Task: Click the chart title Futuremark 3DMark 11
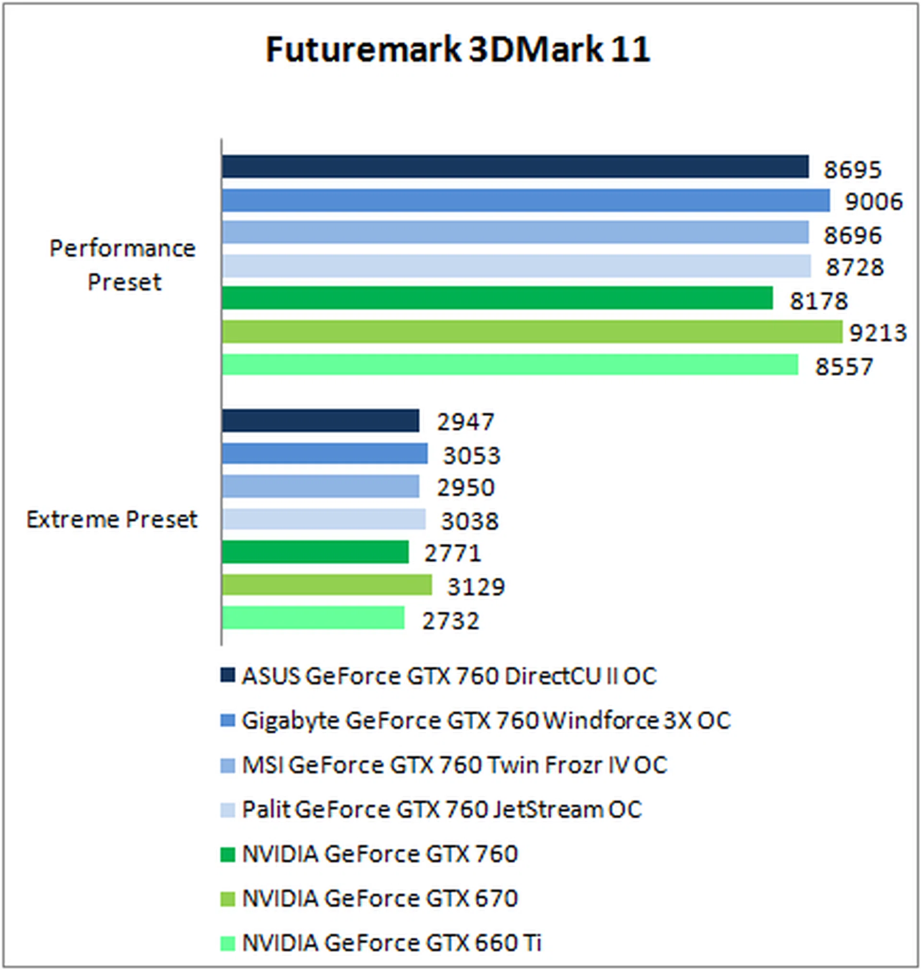pyautogui.click(x=458, y=49)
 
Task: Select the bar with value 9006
pyautogui.click(x=525, y=201)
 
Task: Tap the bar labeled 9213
pyautogui.click(x=531, y=332)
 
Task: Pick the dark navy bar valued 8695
pyautogui.click(x=515, y=167)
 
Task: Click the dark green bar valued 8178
pyautogui.click(x=497, y=298)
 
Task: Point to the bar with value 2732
pyautogui.click(x=313, y=618)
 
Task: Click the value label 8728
pyautogui.click(x=854, y=267)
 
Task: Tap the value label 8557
pyautogui.click(x=844, y=366)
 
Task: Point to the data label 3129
pyautogui.click(x=476, y=587)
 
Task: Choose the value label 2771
pyautogui.click(x=452, y=553)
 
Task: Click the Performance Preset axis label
pyautogui.click(x=123, y=265)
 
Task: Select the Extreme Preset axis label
pyautogui.click(x=111, y=520)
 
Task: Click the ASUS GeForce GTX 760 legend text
pyautogui.click(x=449, y=676)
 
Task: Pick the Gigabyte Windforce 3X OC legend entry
pyautogui.click(x=486, y=720)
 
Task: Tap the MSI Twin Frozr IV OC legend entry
pyautogui.click(x=454, y=765)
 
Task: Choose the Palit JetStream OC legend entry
pyautogui.click(x=442, y=809)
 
